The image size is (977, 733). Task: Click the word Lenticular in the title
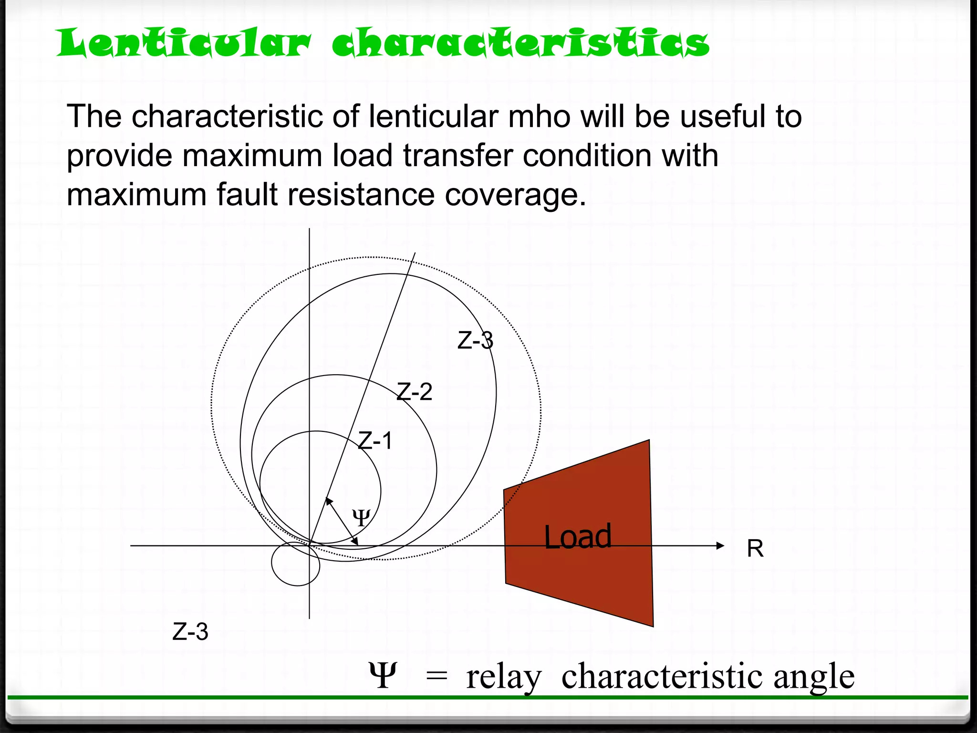point(184,43)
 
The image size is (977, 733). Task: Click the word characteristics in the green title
point(520,43)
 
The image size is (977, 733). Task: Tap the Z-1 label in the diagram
point(375,440)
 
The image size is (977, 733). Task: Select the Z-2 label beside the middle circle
point(415,392)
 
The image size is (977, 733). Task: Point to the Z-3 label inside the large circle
point(475,341)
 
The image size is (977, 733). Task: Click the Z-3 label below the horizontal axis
point(190,632)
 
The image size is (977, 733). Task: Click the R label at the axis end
point(755,548)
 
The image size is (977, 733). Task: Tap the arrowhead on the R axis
point(720,545)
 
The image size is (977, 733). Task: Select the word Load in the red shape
point(578,537)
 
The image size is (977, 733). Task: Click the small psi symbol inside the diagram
point(361,517)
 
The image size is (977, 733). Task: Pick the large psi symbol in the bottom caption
point(383,675)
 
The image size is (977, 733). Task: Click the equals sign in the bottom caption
point(437,676)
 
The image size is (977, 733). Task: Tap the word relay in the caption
point(504,676)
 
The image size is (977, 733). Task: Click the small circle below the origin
point(295,564)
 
